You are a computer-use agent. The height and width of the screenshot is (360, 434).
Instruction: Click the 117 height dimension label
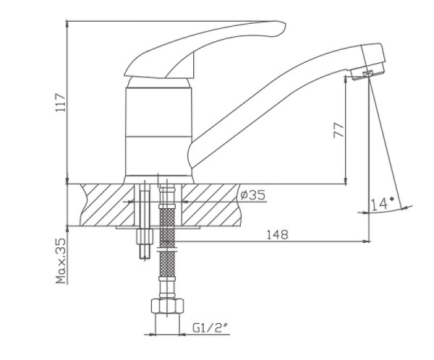click(61, 103)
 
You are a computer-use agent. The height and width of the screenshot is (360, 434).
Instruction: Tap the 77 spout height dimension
click(339, 130)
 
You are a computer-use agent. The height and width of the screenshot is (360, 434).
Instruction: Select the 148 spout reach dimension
click(277, 234)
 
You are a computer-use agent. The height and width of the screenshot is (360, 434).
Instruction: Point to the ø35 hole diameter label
click(252, 194)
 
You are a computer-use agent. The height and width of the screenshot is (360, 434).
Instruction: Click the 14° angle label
click(382, 204)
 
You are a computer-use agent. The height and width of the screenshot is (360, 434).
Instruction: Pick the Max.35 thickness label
click(61, 261)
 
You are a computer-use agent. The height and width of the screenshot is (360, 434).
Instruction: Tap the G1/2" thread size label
click(210, 328)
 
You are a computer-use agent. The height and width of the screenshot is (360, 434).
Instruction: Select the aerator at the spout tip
click(367, 73)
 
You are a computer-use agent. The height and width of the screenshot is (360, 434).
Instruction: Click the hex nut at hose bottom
click(168, 306)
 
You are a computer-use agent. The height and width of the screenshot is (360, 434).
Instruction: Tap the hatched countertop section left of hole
click(107, 205)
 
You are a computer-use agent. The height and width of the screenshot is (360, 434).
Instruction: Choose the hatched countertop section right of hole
click(210, 205)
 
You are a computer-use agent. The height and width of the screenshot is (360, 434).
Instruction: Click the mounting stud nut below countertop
click(145, 236)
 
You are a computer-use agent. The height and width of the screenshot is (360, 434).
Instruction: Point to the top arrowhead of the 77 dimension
click(346, 79)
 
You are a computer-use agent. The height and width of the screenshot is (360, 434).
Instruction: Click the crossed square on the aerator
click(368, 74)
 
